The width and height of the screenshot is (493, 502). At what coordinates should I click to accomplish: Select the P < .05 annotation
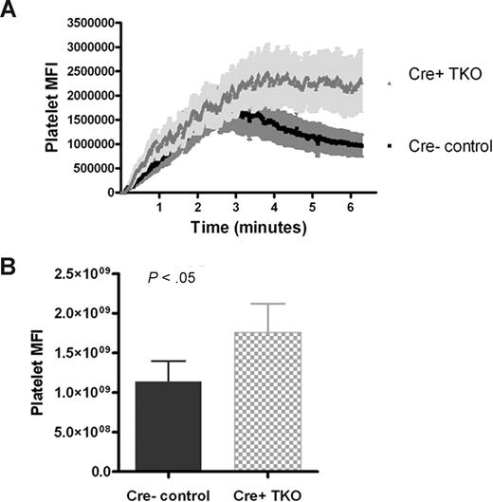tap(175, 277)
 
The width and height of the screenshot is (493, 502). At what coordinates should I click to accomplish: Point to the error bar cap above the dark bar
tap(169, 362)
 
